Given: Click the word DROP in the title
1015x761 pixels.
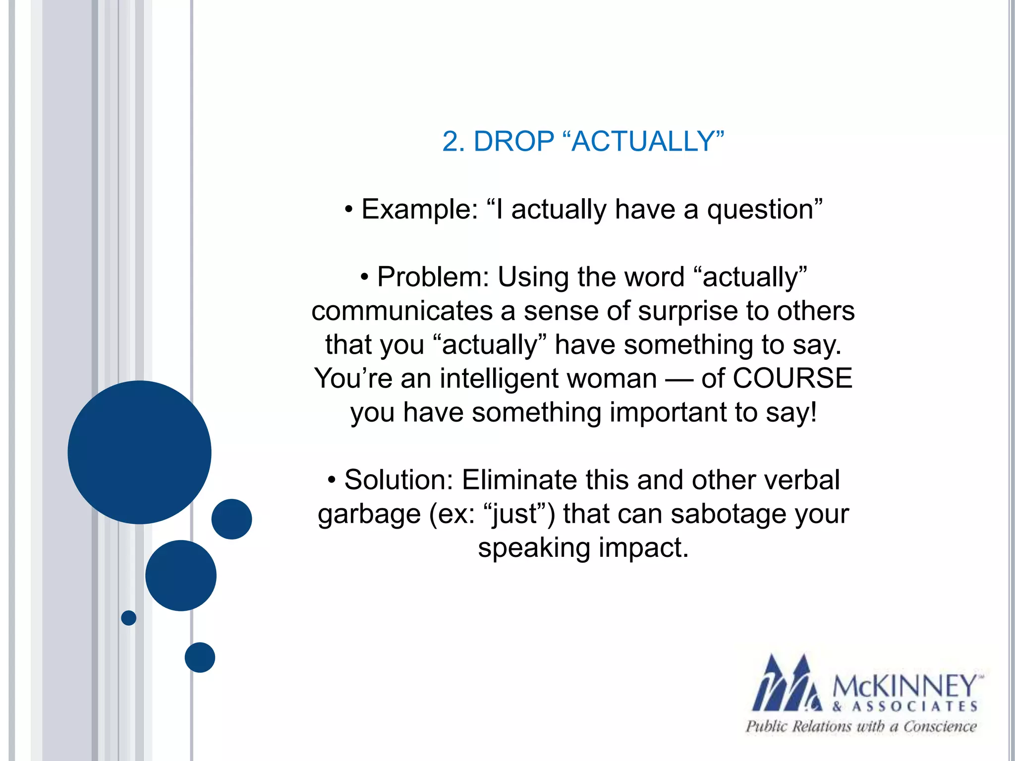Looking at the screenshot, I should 513,142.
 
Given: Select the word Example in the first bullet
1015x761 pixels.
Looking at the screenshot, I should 419,209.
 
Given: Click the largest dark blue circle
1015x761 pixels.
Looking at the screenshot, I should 139,452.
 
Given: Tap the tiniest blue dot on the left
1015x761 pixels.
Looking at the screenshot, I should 128,618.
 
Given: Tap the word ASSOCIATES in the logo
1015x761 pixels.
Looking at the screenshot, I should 914,707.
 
